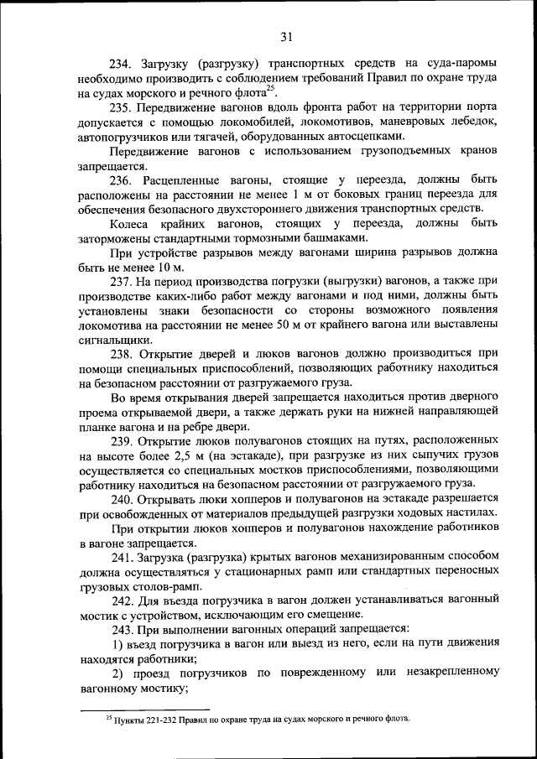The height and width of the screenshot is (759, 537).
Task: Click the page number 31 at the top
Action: (285, 36)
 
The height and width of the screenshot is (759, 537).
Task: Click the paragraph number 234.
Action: (123, 63)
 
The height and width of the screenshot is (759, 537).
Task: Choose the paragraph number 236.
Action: (123, 179)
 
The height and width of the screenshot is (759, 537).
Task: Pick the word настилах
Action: (467, 513)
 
